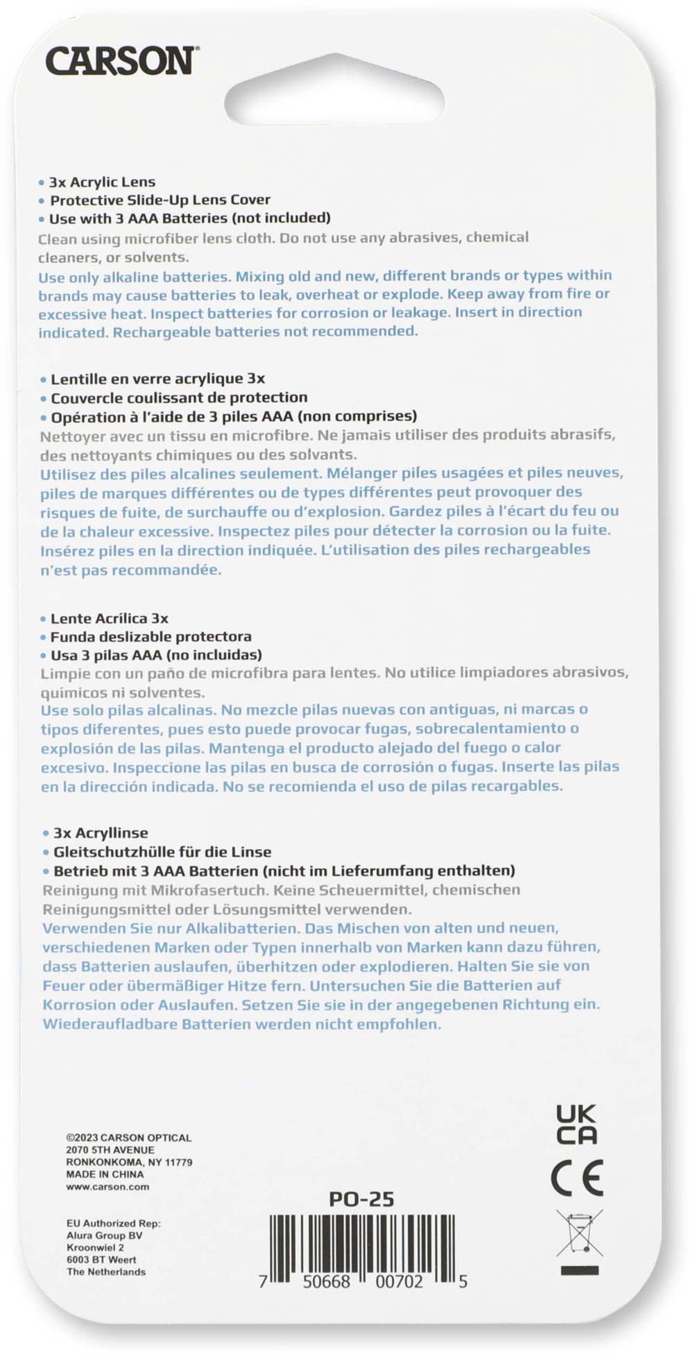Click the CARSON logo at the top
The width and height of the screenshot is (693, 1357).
tap(122, 61)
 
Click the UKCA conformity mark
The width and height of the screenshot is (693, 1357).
tap(576, 1125)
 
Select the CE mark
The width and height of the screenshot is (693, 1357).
tap(576, 1178)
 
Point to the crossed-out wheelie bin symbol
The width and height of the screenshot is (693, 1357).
tap(579, 1234)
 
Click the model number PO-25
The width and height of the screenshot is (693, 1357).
tap(361, 1199)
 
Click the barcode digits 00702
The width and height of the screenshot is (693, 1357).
tap(399, 1282)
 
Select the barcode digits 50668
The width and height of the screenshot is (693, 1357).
tap(326, 1282)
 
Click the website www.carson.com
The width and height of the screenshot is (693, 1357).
tap(108, 1187)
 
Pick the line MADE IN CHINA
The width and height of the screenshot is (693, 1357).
tap(105, 1175)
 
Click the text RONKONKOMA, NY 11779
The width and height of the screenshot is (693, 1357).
tap(129, 1162)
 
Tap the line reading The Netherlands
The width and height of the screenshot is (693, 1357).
tap(106, 1272)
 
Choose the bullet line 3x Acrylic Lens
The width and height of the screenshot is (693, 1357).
tap(101, 182)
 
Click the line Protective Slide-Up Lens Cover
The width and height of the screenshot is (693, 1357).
tap(160, 200)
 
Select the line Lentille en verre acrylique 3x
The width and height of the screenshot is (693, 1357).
tap(157, 379)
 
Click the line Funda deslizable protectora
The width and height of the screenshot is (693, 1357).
tap(151, 636)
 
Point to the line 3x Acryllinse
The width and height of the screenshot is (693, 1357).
tap(101, 833)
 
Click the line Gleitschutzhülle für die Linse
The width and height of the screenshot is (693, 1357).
tap(162, 851)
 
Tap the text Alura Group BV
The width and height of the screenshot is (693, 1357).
tap(105, 1235)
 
